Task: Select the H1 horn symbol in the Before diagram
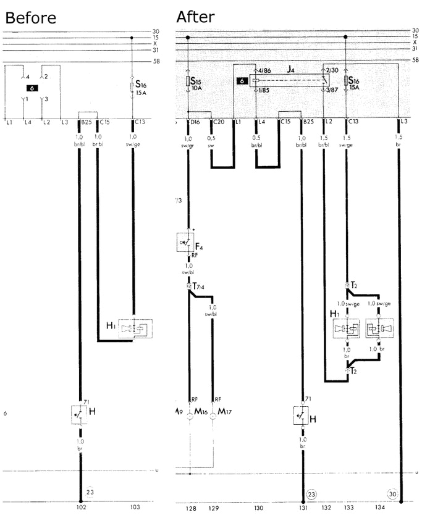pyautogui.click(x=133, y=327)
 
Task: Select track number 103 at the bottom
pyautogui.click(x=135, y=508)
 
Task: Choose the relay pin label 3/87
pyautogui.click(x=332, y=90)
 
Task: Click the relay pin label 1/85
pyautogui.click(x=263, y=91)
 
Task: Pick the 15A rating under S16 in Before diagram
pyautogui.click(x=140, y=93)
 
